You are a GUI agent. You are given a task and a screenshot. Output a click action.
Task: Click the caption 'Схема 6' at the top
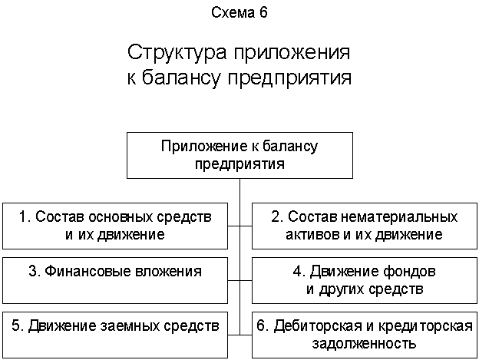240,12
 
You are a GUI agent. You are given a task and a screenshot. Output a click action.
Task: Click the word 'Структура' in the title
177,52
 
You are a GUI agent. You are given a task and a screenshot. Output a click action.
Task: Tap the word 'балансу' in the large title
181,78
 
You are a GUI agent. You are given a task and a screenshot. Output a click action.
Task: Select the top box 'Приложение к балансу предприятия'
240,155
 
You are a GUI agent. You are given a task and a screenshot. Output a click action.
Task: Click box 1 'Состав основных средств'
115,226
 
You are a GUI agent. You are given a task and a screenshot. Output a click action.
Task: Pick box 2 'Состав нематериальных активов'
365,226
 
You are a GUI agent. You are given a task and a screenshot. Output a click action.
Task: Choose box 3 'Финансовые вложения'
115,280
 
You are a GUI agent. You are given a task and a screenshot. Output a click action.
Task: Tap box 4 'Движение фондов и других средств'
365,280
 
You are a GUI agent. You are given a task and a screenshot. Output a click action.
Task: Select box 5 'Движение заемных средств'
115,335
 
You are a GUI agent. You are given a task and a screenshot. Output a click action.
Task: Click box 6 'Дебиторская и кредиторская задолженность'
365,335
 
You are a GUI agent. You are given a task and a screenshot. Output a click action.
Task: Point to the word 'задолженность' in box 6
364,344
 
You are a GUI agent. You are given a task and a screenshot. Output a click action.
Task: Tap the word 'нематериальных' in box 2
399,217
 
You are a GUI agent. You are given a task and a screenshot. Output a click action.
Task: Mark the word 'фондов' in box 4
410,272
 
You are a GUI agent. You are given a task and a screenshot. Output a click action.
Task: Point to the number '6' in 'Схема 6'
264,12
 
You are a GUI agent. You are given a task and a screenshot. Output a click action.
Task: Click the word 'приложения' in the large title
292,54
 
